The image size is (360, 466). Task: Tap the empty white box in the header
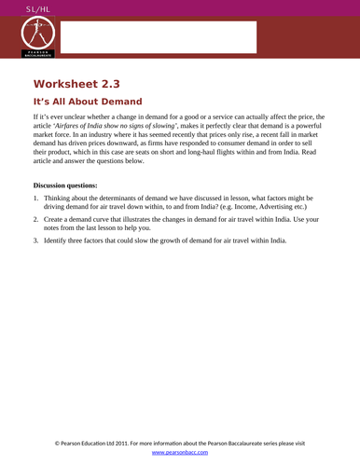point(158,37)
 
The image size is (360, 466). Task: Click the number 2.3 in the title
point(125,84)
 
